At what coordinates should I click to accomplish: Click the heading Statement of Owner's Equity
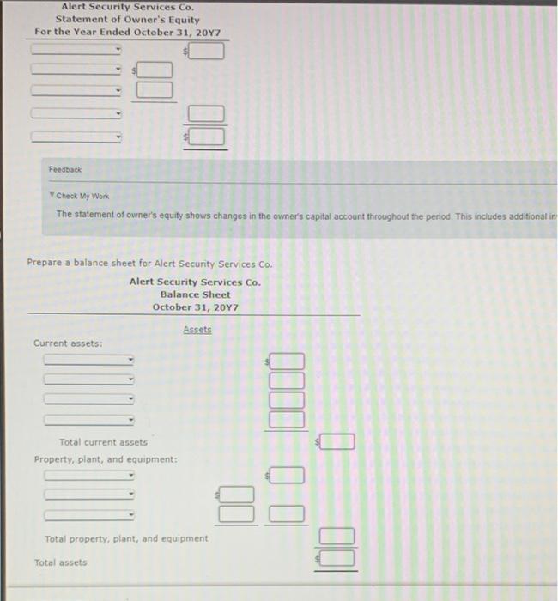127,19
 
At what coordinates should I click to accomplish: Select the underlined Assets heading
197,330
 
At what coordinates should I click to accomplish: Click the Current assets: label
68,343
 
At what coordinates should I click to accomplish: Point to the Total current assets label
103,442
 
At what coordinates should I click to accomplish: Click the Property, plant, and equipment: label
106,459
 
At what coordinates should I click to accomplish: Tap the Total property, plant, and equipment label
126,538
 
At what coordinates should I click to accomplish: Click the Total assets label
60,562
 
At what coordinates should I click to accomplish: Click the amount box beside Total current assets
337,442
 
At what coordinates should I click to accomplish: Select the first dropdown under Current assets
89,360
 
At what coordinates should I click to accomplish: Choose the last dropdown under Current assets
89,420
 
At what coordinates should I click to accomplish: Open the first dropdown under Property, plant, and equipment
89,475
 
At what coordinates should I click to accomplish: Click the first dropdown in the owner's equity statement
77,49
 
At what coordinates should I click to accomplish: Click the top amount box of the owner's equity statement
207,52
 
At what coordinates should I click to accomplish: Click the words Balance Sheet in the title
195,294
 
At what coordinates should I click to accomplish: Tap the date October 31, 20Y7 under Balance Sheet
195,307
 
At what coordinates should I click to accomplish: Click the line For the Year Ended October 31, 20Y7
127,32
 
